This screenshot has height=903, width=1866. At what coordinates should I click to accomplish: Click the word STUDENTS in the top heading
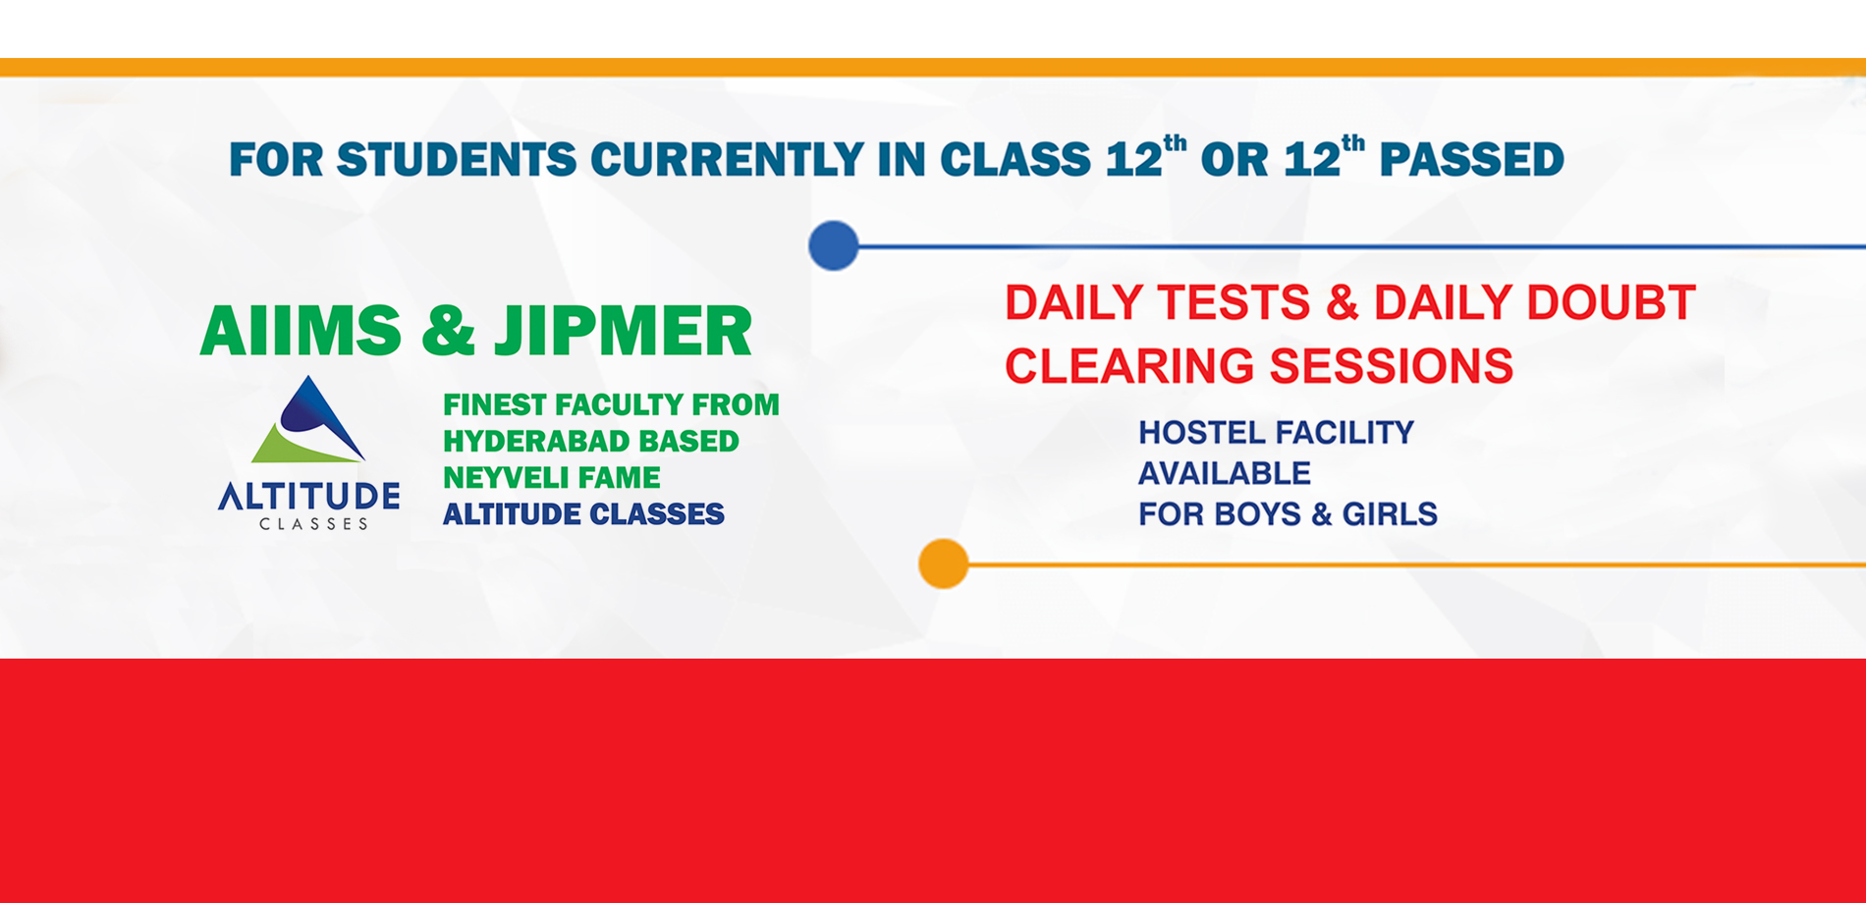(x=457, y=160)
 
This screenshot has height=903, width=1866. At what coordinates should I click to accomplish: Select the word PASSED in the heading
(x=1471, y=160)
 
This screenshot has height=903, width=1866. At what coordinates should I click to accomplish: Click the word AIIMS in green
(x=301, y=331)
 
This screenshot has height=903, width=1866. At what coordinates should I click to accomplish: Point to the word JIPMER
(x=623, y=331)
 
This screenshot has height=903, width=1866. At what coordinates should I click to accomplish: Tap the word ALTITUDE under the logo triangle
(x=308, y=497)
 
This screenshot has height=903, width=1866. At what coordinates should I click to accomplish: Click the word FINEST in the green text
(x=495, y=404)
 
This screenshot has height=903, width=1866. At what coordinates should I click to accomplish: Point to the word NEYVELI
(x=502, y=477)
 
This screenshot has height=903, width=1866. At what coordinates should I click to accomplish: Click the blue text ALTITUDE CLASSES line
(x=583, y=514)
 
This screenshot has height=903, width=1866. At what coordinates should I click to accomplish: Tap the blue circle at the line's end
(x=834, y=245)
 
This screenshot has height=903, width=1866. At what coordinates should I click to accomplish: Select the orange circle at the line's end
(x=944, y=563)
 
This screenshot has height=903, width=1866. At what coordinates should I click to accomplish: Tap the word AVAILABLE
(x=1225, y=474)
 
